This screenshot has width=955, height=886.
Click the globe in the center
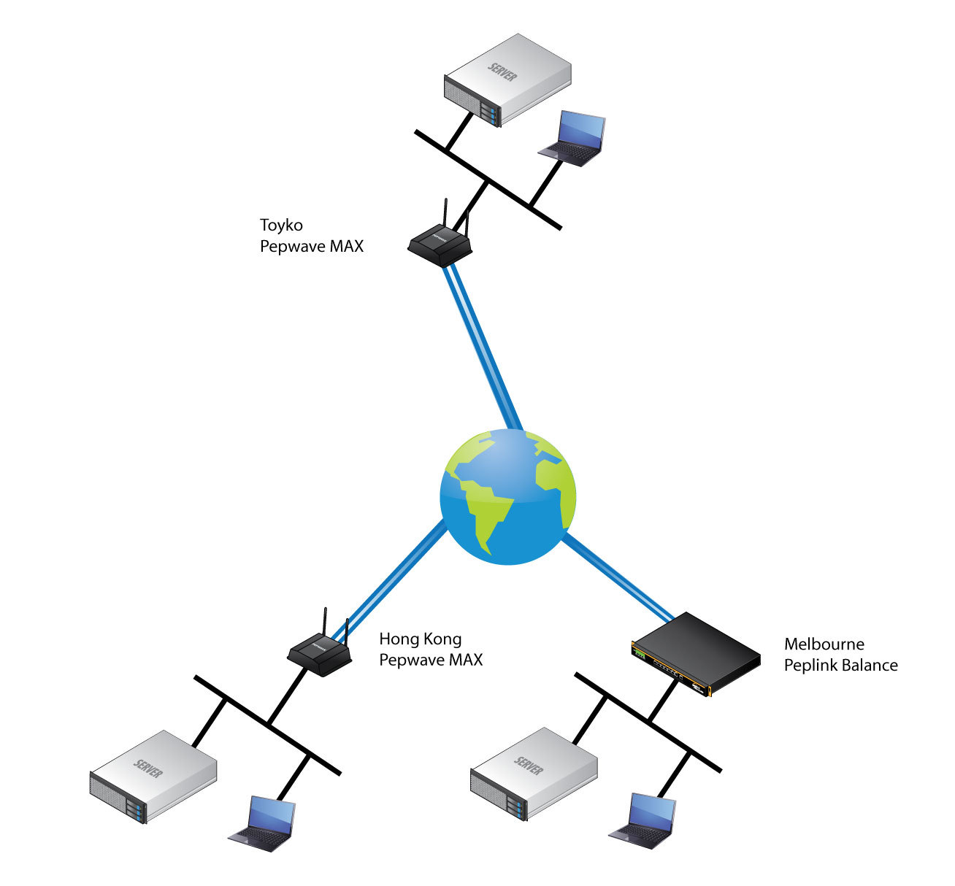(x=508, y=496)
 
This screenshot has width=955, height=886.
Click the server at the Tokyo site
(x=507, y=80)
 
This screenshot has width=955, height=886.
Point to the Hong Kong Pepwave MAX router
(x=319, y=652)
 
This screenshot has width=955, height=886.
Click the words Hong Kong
(x=420, y=640)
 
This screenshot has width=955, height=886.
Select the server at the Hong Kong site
(x=153, y=776)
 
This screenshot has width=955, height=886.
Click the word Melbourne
(x=824, y=644)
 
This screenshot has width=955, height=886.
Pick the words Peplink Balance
(x=840, y=666)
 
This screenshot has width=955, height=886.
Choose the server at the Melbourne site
(x=534, y=773)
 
